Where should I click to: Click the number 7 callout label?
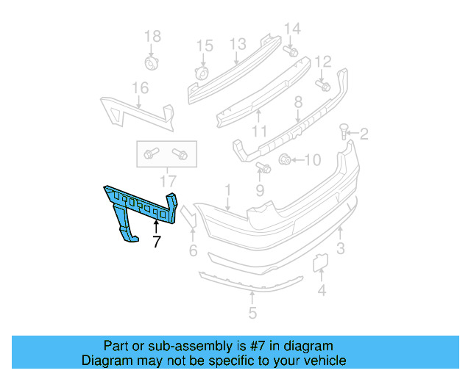click(156, 241)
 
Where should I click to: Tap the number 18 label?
click(152, 36)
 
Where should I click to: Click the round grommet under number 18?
click(152, 62)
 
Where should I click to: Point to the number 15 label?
click(204, 46)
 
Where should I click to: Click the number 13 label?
click(237, 45)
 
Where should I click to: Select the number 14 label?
click(292, 29)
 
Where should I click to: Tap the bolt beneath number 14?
click(291, 51)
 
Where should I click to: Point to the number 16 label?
click(140, 88)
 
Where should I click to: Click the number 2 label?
click(364, 134)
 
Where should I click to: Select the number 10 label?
click(312, 159)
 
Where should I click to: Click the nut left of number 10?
click(286, 158)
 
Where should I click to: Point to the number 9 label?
click(259, 191)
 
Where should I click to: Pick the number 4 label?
click(321, 291)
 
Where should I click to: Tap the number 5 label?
click(252, 314)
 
